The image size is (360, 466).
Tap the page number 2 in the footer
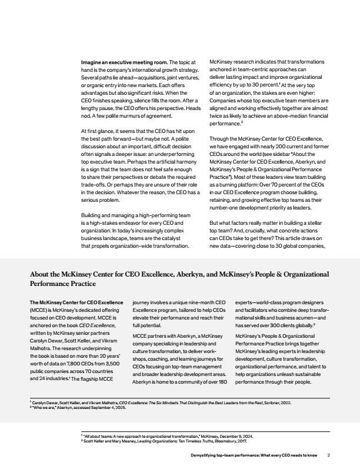pos(329,455)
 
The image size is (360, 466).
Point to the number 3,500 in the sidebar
pos(116,348)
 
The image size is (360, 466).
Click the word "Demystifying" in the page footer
pos(207,455)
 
